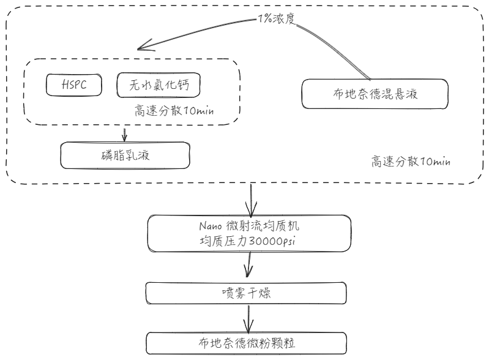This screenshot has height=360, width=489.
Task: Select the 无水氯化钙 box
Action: click(159, 86)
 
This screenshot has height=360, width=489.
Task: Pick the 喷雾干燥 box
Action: click(247, 293)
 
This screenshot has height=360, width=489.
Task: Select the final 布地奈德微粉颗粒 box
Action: click(247, 342)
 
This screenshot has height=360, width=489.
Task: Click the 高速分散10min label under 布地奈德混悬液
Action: click(411, 162)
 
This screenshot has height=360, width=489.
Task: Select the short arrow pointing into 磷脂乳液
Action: click(125, 134)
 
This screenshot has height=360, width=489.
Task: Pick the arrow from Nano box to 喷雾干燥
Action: click(248, 264)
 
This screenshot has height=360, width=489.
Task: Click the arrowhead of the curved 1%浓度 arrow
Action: click(142, 47)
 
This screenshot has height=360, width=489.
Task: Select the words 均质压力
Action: click(219, 241)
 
